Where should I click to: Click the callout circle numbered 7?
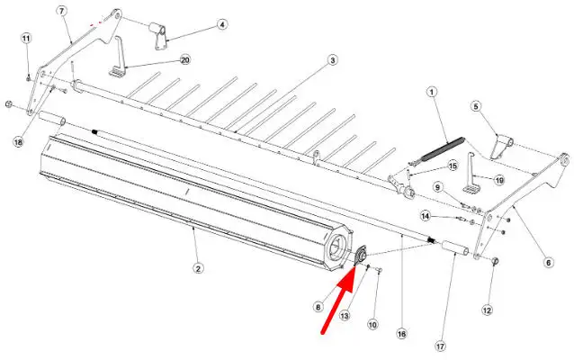click(x=61, y=11)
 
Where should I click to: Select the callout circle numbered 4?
click(x=222, y=24)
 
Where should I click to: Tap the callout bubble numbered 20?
click(x=185, y=59)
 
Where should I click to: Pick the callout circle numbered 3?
click(x=332, y=59)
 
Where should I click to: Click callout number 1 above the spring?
click(x=432, y=92)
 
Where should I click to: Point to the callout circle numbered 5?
click(x=476, y=106)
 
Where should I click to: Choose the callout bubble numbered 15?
click(x=453, y=166)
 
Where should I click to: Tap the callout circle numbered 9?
click(x=438, y=187)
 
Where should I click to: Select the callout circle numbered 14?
click(x=425, y=216)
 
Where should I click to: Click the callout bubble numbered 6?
click(x=548, y=262)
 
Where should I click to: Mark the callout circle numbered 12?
click(x=487, y=310)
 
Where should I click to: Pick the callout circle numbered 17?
click(x=440, y=346)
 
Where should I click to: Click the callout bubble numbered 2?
click(x=198, y=268)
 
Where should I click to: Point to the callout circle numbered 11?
click(x=26, y=38)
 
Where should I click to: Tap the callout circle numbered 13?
click(x=345, y=315)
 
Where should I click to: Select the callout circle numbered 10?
click(x=372, y=324)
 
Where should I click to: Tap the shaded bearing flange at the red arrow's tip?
click(x=361, y=255)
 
